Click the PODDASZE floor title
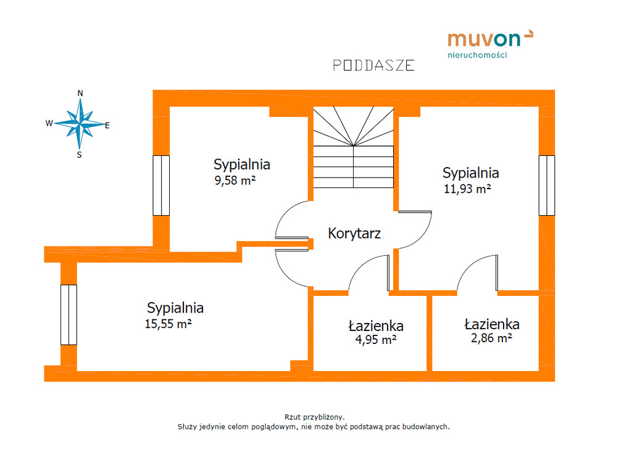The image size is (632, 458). (x=373, y=65)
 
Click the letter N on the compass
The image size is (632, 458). (x=80, y=93)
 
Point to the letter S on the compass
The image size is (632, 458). (x=80, y=155)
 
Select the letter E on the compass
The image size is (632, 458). (x=107, y=126)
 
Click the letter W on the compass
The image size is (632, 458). (x=49, y=123)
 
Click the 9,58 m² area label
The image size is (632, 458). (x=235, y=180)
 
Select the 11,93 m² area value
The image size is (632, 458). (x=467, y=189)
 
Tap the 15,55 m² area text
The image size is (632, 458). (x=168, y=324)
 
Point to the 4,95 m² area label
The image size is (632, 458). (x=376, y=340)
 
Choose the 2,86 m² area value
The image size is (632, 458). (x=491, y=338)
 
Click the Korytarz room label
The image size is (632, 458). (x=354, y=234)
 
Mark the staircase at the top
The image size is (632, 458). (x=354, y=147)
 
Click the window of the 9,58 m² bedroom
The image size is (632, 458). (x=161, y=186)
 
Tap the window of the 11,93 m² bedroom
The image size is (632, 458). (x=547, y=186)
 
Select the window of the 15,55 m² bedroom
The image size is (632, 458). (x=69, y=315)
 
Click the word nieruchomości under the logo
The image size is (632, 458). (x=477, y=55)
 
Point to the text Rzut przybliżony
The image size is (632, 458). (x=314, y=417)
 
